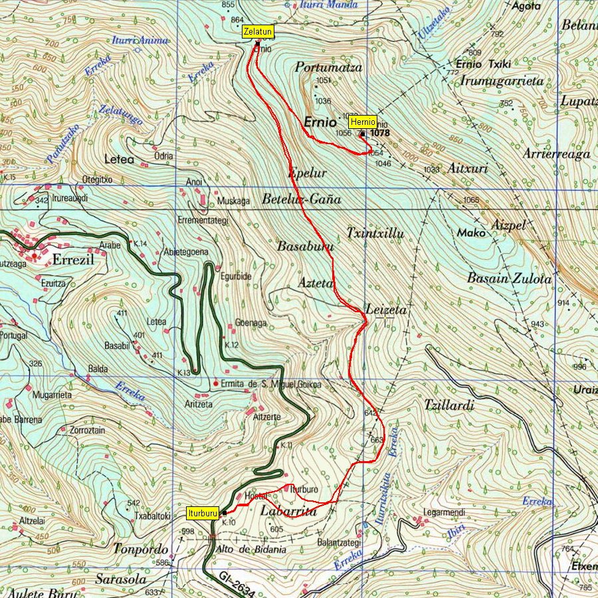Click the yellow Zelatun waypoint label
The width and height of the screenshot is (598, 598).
click(256, 31)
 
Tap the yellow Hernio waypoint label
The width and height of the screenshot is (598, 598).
click(363, 122)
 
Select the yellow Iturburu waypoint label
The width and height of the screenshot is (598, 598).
click(203, 513)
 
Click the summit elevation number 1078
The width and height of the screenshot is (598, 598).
click(380, 133)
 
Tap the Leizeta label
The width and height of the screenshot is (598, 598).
click(386, 310)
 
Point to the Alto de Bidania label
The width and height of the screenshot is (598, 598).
click(251, 549)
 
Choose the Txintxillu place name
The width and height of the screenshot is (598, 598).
click(375, 233)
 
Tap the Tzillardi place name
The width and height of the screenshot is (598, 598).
click(449, 405)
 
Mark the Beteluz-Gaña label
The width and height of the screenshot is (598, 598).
click(301, 199)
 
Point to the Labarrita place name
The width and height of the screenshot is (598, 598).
click(288, 512)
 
